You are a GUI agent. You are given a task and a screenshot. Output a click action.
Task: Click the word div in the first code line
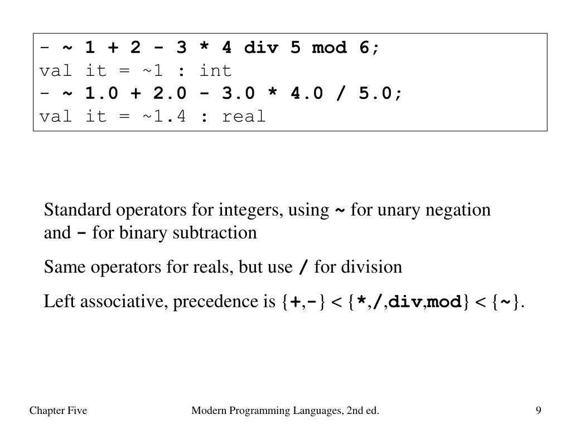(261, 48)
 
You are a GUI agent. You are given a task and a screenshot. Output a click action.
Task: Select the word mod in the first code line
(330, 48)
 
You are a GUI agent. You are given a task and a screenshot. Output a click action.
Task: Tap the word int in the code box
(215, 71)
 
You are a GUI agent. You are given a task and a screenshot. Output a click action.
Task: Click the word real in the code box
(244, 117)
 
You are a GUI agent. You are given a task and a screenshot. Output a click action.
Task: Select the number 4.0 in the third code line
(307, 94)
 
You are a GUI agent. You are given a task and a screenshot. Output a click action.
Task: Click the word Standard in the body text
(78, 211)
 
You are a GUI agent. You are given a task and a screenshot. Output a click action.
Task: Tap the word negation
(458, 211)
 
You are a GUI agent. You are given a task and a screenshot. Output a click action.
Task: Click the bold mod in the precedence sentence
(444, 303)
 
